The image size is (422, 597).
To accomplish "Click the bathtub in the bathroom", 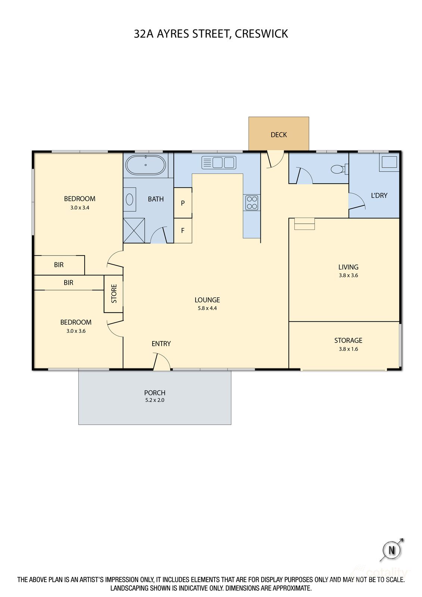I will click(x=146, y=165).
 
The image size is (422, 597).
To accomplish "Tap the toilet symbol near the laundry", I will click(x=338, y=169).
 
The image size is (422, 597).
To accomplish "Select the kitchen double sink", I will click(x=218, y=163).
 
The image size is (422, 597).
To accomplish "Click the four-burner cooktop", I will click(x=252, y=203).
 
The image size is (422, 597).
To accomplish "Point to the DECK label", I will click(x=279, y=135).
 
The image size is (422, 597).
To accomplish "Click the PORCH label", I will click(x=155, y=393).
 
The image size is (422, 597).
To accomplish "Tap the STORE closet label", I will click(x=114, y=294).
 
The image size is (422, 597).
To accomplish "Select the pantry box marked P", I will click(x=183, y=203).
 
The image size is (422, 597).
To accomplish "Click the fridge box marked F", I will click(x=183, y=231).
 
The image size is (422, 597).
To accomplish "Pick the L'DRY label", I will click(x=379, y=196).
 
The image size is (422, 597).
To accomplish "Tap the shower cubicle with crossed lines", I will click(x=134, y=230).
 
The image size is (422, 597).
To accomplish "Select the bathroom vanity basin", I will click(x=129, y=199).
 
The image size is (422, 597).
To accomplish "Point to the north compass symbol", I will click(x=391, y=550).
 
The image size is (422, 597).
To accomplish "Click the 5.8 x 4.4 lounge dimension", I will click(x=207, y=308).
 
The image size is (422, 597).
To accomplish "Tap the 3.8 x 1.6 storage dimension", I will click(x=348, y=349).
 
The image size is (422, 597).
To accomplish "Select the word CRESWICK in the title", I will click(x=261, y=34).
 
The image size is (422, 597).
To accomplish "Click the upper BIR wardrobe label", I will click(x=59, y=265).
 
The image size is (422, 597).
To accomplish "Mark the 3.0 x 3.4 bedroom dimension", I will click(x=79, y=208).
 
